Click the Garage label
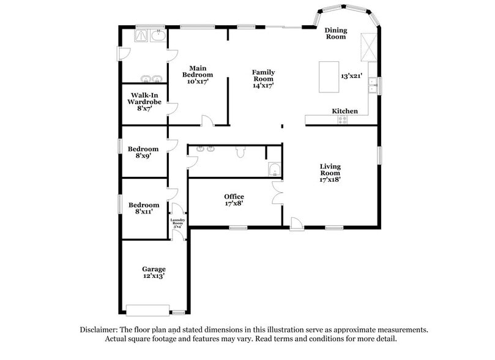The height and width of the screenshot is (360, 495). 154,269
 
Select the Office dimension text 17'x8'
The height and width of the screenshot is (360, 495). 234,204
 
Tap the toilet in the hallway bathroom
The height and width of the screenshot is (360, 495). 240,152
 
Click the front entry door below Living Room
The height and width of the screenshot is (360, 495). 296,223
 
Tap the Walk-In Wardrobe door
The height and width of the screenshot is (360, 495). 173,108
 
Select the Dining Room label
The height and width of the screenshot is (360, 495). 335,33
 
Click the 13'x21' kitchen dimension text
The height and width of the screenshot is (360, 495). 352,76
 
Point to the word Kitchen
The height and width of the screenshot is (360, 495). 344,111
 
